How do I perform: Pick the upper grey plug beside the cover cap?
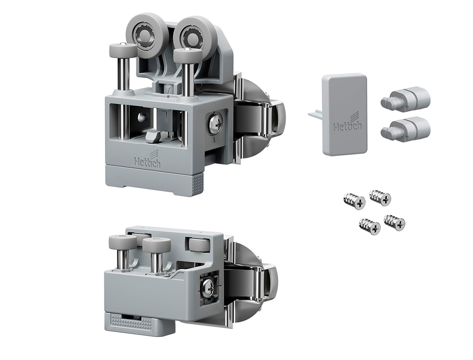click(x=405, y=100)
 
